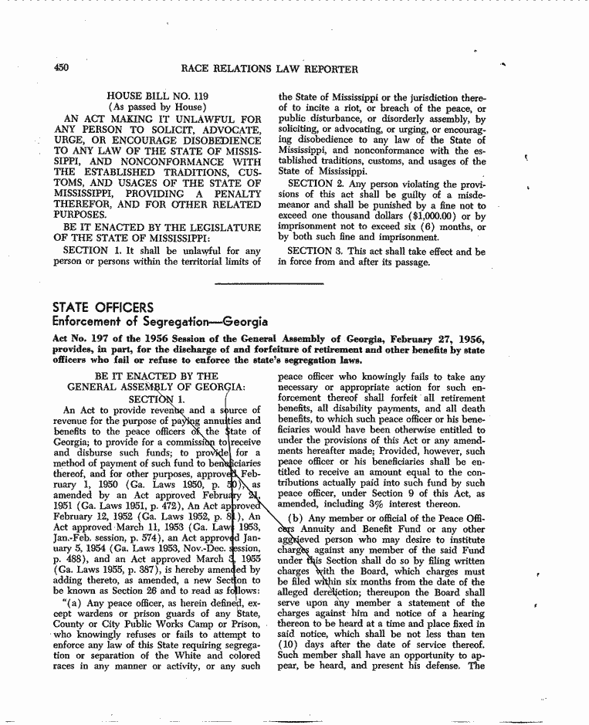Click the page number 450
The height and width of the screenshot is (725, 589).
[61, 69]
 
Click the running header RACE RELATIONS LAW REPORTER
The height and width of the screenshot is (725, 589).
[269, 69]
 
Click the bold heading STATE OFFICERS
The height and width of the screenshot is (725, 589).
[103, 308]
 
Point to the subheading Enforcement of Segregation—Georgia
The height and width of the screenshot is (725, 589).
[160, 321]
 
